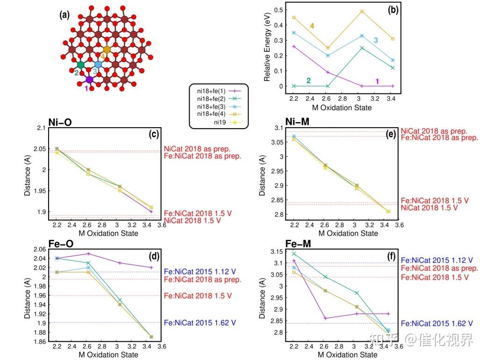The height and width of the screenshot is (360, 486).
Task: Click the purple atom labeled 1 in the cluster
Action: (x=89, y=79)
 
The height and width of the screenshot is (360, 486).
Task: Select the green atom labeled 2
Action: (x=81, y=65)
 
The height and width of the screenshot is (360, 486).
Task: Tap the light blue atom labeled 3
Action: (x=98, y=65)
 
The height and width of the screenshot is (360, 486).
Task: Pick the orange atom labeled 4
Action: (x=107, y=50)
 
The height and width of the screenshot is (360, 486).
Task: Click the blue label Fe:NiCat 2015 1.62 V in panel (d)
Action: (x=201, y=323)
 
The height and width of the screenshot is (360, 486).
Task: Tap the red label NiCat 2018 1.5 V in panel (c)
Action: (x=192, y=220)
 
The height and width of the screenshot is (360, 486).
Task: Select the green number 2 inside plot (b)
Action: (x=308, y=80)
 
